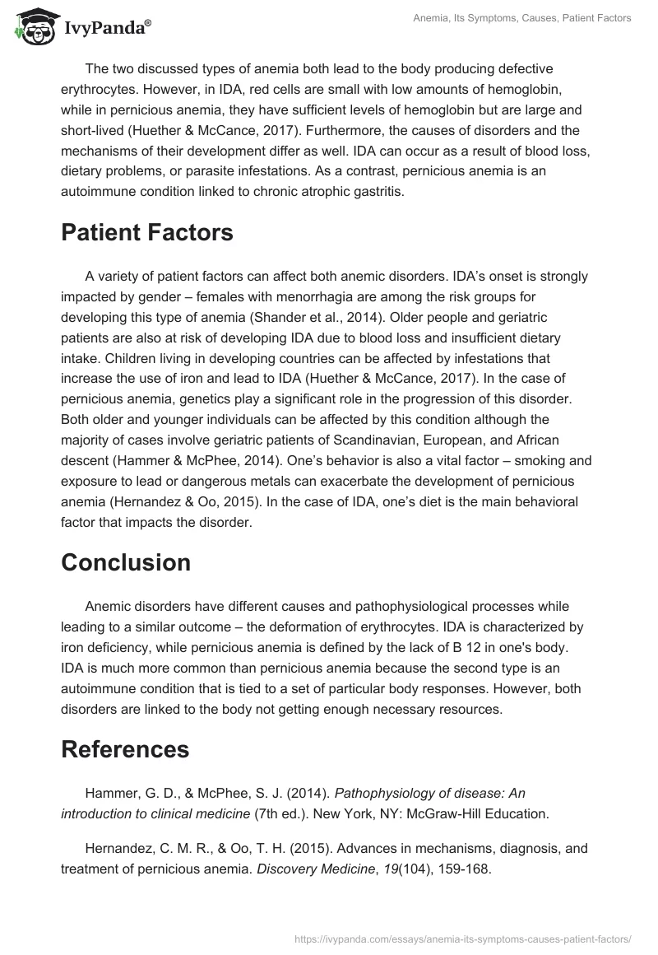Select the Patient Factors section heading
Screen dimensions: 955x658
point(147,233)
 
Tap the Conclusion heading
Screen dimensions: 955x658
point(126,562)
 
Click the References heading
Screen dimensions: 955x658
point(125,749)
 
